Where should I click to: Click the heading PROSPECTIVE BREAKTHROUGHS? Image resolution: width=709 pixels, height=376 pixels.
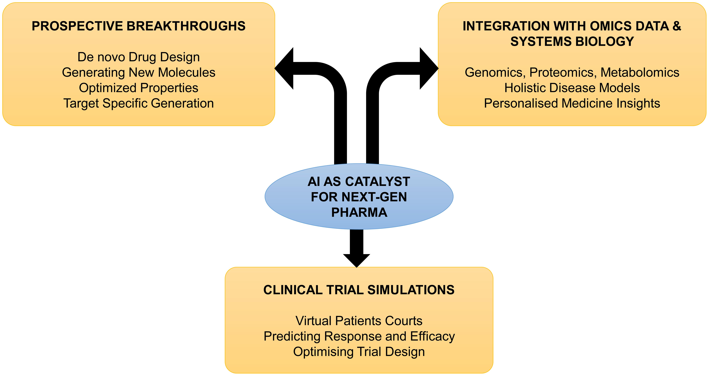pyautogui.click(x=138, y=26)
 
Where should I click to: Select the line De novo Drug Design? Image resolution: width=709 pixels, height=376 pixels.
pyautogui.click(x=138, y=57)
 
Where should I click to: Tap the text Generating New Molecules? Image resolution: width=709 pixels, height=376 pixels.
pyautogui.click(x=138, y=72)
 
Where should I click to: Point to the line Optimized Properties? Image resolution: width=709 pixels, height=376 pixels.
pyautogui.click(x=138, y=88)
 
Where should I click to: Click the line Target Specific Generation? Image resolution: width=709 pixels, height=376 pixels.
pyautogui.click(x=138, y=103)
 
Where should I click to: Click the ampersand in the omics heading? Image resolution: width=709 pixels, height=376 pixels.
pyautogui.click(x=676, y=26)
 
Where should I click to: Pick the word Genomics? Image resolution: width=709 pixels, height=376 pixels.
pyautogui.click(x=493, y=72)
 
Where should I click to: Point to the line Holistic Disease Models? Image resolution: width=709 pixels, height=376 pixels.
pyautogui.click(x=572, y=88)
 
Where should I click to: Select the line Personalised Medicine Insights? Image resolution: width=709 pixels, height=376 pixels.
pyautogui.click(x=572, y=103)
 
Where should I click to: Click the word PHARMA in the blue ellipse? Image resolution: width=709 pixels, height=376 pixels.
pyautogui.click(x=359, y=212)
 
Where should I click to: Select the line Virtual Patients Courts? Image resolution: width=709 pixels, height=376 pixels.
pyautogui.click(x=359, y=321)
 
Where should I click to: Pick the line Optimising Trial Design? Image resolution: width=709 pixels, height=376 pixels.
pyautogui.click(x=359, y=352)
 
